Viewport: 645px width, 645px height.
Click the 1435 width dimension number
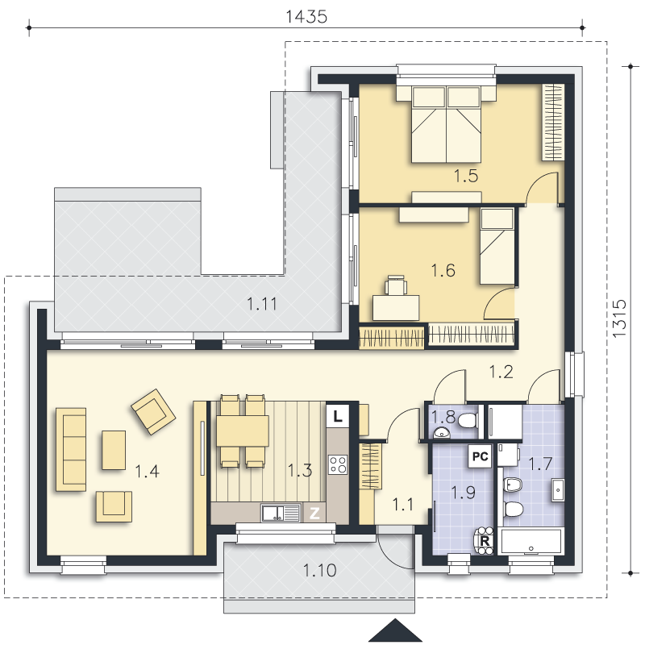point(306,17)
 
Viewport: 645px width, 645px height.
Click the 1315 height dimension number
point(619,318)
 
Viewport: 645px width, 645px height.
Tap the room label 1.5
point(466,176)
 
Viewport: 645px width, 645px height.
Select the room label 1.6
point(443,271)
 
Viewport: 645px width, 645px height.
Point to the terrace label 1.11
point(262,304)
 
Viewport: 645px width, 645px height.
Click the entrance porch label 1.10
point(319,571)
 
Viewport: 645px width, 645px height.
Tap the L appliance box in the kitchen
point(337,417)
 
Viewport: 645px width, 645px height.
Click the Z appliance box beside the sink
point(314,513)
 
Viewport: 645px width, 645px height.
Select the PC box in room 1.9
point(480,456)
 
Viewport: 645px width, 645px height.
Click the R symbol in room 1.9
point(485,541)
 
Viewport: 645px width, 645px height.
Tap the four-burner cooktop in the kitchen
point(338,465)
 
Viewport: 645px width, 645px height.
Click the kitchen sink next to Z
point(280,513)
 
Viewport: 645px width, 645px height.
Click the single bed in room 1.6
point(497,247)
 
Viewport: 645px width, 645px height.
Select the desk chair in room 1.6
point(396,285)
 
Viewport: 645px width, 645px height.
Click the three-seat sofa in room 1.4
point(71,449)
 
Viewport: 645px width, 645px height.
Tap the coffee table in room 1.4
point(114,450)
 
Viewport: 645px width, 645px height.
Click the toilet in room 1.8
point(468,420)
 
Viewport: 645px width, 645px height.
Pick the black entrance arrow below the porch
point(395,631)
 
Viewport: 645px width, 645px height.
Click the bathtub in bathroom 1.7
point(531,541)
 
